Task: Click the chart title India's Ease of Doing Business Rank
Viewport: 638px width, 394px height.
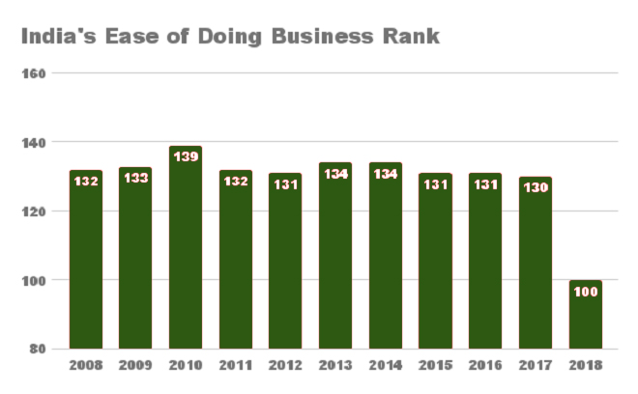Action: [230, 36]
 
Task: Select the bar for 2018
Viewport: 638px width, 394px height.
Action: [586, 314]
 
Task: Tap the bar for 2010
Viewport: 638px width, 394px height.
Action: [186, 247]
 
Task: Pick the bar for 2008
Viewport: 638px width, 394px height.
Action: [86, 260]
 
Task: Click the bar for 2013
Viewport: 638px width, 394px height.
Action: [335, 256]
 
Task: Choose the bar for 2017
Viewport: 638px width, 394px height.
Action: [536, 263]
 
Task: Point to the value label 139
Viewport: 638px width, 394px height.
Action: [186, 156]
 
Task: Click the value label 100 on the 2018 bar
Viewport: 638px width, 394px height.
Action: [586, 292]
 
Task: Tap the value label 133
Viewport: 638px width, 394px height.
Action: [136, 178]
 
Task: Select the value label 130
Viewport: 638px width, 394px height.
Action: [536, 187]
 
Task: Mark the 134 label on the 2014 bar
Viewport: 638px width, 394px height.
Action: [386, 174]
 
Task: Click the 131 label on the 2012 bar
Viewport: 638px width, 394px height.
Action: [285, 184]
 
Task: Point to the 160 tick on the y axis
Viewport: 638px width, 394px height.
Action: [34, 73]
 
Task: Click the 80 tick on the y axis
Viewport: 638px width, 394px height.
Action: [38, 349]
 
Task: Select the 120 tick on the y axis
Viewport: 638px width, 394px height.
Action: [34, 211]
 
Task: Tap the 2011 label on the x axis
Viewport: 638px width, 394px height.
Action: [236, 365]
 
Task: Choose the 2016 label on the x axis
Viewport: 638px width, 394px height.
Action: [485, 365]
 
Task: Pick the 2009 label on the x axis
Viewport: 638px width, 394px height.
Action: [135, 365]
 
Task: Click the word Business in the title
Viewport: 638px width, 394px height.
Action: [322, 36]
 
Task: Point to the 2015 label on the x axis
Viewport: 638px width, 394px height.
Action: [435, 365]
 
